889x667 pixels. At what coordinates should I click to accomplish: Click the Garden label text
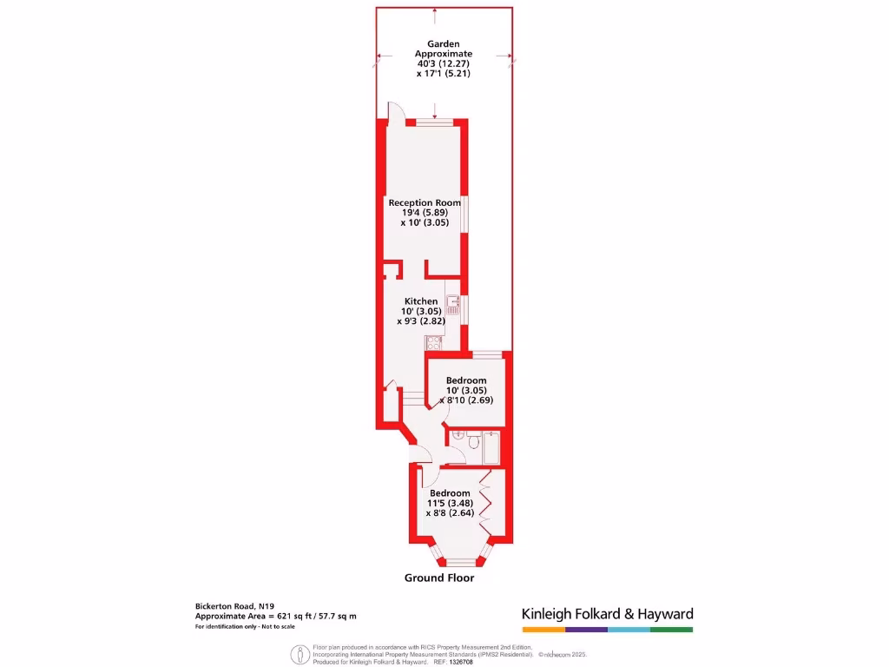(x=443, y=43)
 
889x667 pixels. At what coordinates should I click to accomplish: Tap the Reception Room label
(x=425, y=202)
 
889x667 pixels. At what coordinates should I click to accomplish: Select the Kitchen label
(x=421, y=301)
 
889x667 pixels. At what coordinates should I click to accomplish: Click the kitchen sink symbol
(x=452, y=304)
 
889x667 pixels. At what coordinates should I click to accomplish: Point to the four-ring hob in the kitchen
(x=434, y=342)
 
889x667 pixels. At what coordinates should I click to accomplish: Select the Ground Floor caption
(x=439, y=578)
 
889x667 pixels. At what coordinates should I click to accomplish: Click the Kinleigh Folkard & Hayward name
(x=607, y=614)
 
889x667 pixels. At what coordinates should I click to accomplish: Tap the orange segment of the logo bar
(x=543, y=629)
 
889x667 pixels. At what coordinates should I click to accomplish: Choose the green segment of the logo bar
(x=671, y=629)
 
